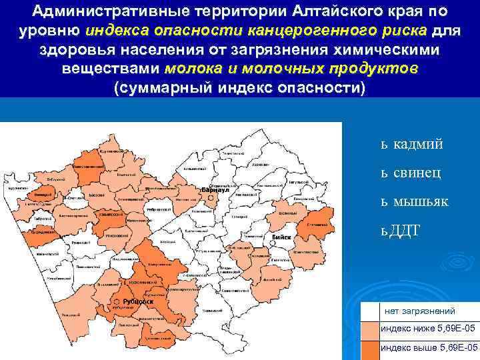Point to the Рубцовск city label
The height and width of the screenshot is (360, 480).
(x=139, y=301)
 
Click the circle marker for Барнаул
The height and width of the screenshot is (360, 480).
(x=199, y=190)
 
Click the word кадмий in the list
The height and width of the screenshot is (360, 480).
(x=418, y=143)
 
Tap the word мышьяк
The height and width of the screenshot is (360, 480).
(x=421, y=201)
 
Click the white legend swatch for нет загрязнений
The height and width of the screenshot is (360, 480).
(x=369, y=311)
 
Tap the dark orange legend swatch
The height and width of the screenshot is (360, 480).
(x=369, y=349)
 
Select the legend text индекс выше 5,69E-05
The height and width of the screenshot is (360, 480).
(x=429, y=348)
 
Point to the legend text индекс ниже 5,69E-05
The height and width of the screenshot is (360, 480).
(x=428, y=329)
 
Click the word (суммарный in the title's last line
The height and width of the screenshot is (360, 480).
(x=162, y=89)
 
